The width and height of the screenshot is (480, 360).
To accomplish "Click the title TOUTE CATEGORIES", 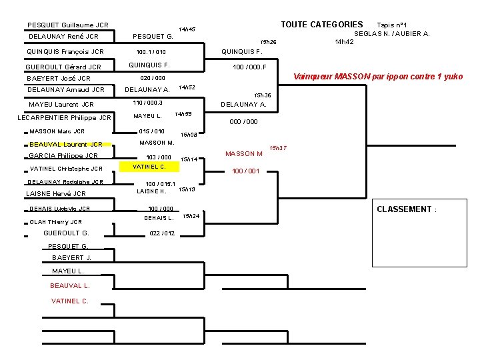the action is [x=321, y=25].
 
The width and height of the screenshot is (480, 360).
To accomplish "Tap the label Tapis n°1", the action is [x=397, y=25].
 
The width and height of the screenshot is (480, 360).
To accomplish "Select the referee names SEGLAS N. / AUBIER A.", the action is [x=392, y=33].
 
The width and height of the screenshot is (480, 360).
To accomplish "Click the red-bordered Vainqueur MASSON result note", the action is [x=378, y=77].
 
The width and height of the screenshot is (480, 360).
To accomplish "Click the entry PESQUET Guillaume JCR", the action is [x=67, y=25].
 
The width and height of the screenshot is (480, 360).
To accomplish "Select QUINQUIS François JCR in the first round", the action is [x=65, y=51].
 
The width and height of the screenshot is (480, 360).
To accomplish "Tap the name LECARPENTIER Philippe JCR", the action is [x=64, y=118].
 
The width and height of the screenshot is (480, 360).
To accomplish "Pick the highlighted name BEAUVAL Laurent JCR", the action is [x=65, y=144].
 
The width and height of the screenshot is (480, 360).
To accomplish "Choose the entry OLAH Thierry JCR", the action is [x=56, y=222].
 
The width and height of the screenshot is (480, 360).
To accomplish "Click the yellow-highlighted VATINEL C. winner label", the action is [x=149, y=166].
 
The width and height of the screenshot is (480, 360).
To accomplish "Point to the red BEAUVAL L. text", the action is [x=69, y=285].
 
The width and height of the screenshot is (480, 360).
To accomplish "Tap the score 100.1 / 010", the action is [x=151, y=52].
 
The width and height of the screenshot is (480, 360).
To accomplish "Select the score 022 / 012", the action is [x=163, y=233].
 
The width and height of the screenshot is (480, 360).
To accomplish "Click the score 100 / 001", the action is [x=245, y=171].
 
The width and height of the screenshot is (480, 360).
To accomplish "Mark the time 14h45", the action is [x=187, y=29].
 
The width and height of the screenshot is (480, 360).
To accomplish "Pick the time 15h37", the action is [x=277, y=147].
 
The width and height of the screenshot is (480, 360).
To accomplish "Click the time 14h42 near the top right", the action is [x=344, y=42].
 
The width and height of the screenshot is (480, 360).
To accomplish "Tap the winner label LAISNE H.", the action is [x=151, y=191].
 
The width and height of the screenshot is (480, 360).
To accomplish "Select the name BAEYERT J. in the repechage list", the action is [x=71, y=258].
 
